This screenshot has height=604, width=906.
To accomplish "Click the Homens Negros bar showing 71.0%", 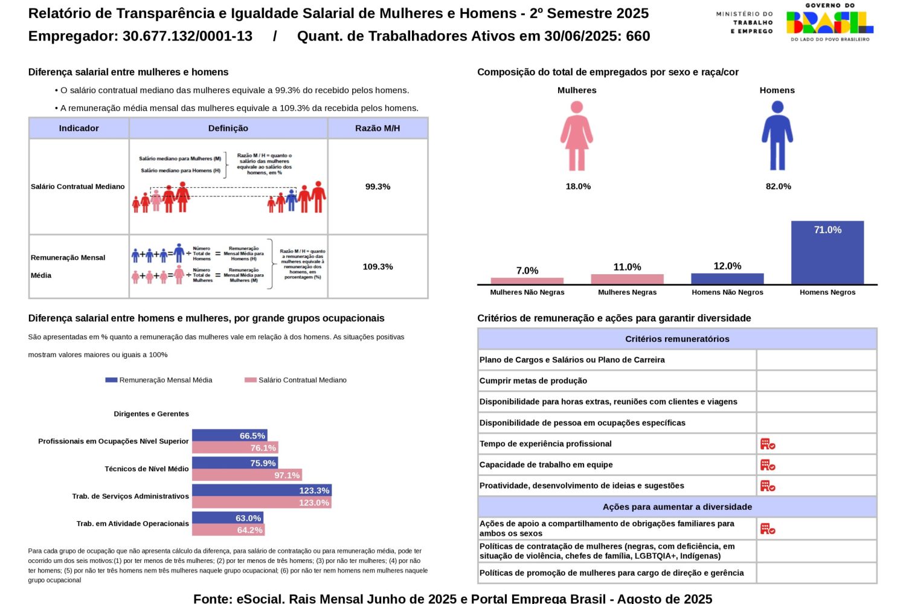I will (827, 252).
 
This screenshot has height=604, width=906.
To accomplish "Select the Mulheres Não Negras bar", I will (527, 281).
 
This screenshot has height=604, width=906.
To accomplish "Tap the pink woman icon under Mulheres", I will (577, 136).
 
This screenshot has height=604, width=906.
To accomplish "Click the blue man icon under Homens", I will (777, 136).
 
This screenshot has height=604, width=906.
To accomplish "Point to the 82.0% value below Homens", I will (778, 187).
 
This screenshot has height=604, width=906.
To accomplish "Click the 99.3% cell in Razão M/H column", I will (377, 187).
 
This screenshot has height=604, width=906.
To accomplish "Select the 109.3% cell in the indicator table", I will (377, 266).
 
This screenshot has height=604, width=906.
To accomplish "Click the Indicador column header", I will (79, 128).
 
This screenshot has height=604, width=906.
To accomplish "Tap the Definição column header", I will (228, 128).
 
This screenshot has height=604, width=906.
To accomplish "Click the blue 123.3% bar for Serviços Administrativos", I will (262, 490).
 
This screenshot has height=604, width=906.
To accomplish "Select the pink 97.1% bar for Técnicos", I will (246, 475).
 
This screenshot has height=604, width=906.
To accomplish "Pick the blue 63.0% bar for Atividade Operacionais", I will (227, 518).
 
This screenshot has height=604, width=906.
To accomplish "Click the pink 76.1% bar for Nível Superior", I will (235, 448).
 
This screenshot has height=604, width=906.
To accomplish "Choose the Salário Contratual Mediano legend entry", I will (296, 380).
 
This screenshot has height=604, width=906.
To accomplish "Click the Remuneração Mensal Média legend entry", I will (159, 380).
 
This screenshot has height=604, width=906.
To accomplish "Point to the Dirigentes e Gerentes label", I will (151, 414).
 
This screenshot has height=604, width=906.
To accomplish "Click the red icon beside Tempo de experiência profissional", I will (767, 444).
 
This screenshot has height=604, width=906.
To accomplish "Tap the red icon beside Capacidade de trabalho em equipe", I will (767, 465).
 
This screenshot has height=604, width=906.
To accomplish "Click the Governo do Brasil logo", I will (829, 22).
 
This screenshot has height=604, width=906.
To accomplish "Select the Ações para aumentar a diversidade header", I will (677, 507).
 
